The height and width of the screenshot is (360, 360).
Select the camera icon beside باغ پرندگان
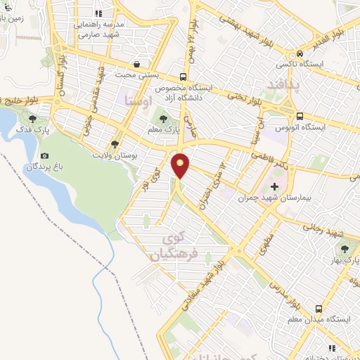pos(44,155)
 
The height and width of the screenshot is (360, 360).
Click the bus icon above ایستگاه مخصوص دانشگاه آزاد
pos(183,77)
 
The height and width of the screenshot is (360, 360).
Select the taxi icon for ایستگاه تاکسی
pos(300,53)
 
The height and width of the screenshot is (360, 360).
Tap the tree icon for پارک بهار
pos(345,249)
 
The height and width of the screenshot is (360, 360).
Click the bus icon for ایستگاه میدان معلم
pos(320,308)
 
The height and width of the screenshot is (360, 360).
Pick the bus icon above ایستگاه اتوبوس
pos(300,116)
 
